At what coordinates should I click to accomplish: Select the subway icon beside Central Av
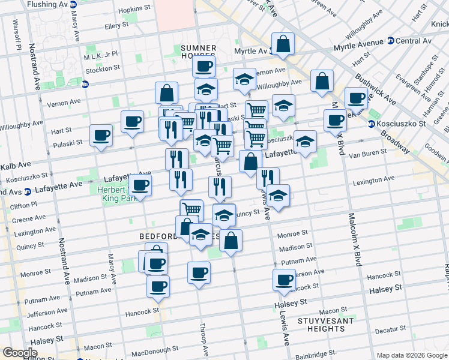pyautogui.click(x=390, y=41)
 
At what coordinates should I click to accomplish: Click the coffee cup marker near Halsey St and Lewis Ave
pyautogui.click(x=284, y=279)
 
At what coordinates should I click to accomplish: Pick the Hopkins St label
pyautogui.click(x=134, y=10)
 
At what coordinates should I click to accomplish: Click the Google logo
pyautogui.click(x=20, y=353)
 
